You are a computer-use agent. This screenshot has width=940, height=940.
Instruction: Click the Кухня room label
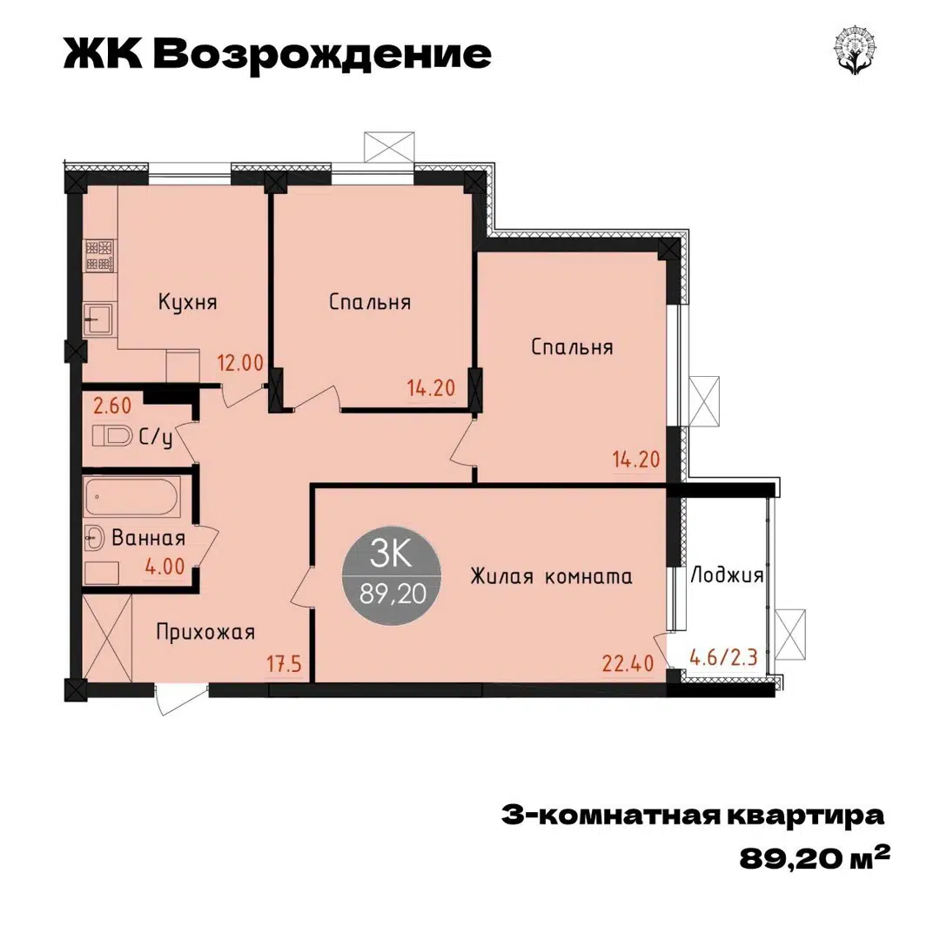click(187, 303)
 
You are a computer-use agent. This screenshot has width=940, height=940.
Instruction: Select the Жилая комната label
click(551, 576)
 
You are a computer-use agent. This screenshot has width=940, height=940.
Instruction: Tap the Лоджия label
click(727, 575)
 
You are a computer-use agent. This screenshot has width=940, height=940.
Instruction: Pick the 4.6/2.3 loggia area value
click(722, 655)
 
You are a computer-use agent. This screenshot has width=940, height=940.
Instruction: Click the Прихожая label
click(205, 631)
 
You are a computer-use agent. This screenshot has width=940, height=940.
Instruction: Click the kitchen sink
click(98, 319)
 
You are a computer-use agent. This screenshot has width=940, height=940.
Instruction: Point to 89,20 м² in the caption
click(815, 858)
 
